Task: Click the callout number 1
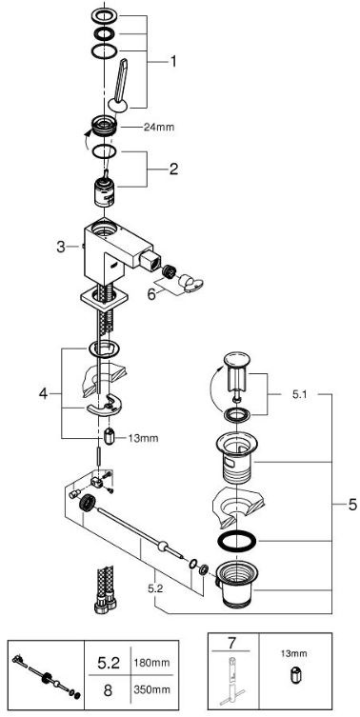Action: [173, 61]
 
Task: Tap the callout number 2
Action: [173, 169]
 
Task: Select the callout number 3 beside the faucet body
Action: [61, 248]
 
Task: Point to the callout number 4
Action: [43, 393]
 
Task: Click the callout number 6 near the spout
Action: [151, 293]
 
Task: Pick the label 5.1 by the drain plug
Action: [301, 394]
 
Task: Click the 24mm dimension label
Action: [159, 128]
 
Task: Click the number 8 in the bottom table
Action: [108, 690]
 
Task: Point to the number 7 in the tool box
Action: [232, 644]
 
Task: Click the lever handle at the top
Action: [121, 85]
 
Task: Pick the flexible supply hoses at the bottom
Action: [105, 589]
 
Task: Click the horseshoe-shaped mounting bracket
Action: [103, 405]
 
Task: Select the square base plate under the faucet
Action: [103, 300]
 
